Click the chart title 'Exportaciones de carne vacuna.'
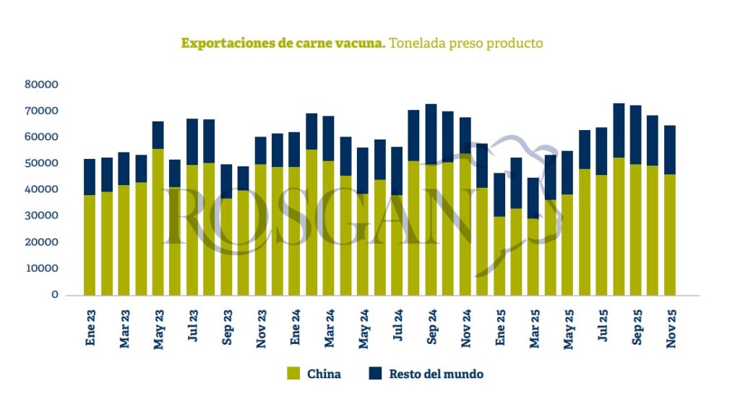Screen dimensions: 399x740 (283, 43)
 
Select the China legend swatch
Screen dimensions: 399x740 (293, 374)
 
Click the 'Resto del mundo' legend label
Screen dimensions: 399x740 (436, 374)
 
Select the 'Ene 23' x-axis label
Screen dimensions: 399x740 (90, 328)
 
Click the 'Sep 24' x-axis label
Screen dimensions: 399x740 (431, 328)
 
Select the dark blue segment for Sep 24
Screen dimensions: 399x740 (431, 134)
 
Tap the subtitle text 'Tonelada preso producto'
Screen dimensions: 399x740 (465, 43)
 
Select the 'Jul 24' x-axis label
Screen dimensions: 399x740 (397, 328)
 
